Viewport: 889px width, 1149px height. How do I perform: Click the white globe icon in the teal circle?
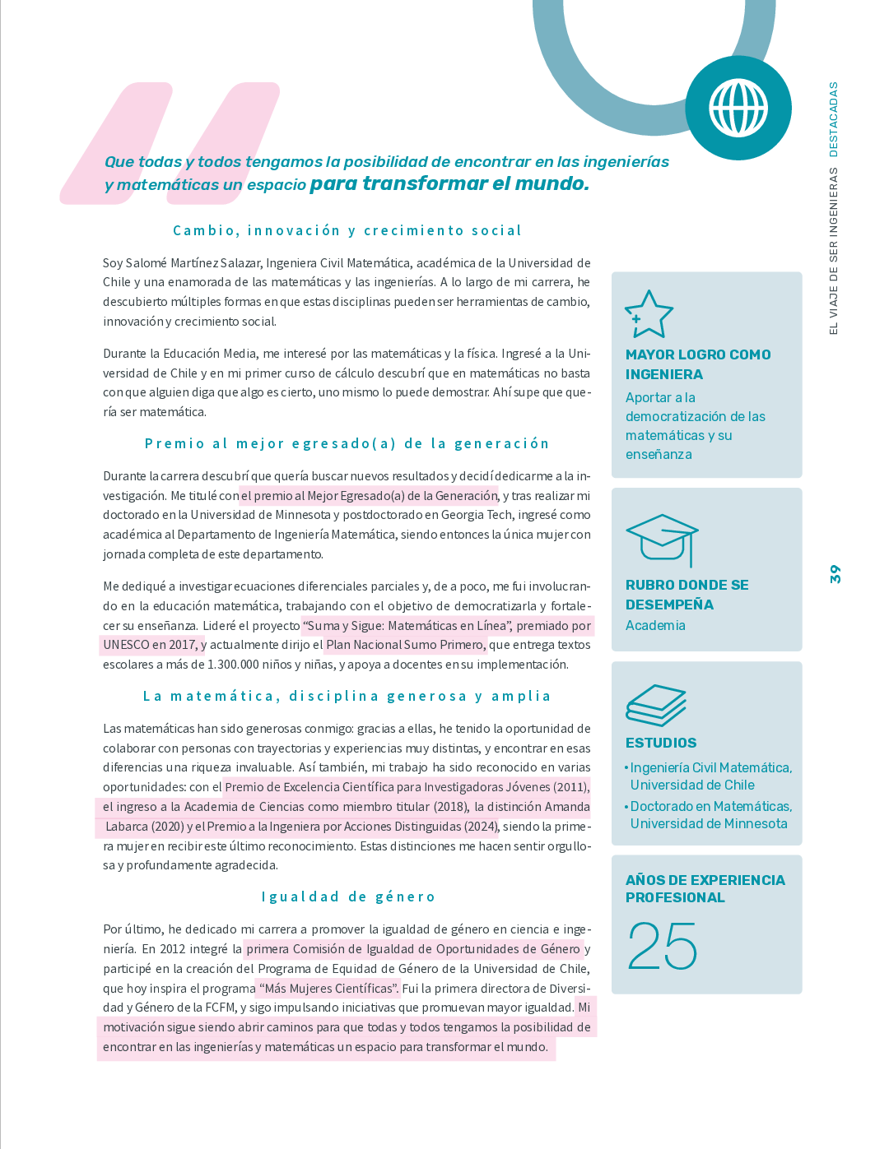[738, 108]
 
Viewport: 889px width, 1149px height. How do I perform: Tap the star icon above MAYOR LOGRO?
[649, 314]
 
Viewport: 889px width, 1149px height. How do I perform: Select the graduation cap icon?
[662, 539]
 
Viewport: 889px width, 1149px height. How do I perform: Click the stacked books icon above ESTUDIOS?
[655, 705]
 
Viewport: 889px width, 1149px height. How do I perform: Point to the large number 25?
[662, 946]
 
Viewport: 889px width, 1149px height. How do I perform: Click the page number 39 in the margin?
[835, 574]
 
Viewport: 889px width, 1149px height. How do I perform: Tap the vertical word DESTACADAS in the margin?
[834, 119]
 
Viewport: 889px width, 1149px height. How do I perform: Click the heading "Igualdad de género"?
[348, 896]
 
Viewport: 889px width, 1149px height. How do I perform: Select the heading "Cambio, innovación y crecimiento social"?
[347, 230]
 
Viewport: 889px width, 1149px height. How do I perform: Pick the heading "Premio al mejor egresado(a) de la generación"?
[347, 443]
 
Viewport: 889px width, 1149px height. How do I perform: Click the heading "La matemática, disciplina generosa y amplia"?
[347, 696]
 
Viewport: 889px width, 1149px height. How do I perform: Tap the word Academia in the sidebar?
[655, 625]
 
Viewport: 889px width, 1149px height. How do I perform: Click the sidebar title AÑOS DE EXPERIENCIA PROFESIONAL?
[705, 888]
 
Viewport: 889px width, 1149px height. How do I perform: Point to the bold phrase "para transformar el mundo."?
[449, 183]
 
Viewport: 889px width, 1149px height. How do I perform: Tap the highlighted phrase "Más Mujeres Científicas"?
[328, 989]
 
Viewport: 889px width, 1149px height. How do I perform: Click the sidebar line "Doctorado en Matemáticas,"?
[710, 806]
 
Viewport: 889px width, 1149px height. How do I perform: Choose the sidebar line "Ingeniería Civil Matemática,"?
[710, 767]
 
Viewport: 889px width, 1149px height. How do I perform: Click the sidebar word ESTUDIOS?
[661, 743]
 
